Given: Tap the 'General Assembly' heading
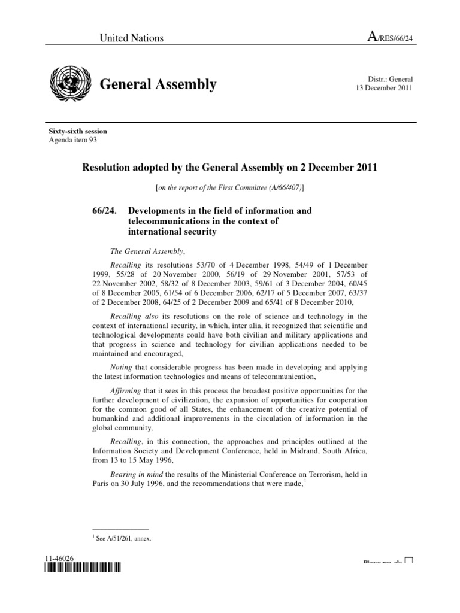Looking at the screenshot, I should (158, 84).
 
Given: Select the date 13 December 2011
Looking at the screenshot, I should (383, 89).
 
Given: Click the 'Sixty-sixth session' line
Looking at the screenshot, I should (78, 132).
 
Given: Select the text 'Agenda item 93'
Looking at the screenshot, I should (72, 140).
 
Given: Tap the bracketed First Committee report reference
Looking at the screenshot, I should (229, 187).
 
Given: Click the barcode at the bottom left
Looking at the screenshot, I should (82, 568).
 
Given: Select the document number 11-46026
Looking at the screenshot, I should (58, 558).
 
